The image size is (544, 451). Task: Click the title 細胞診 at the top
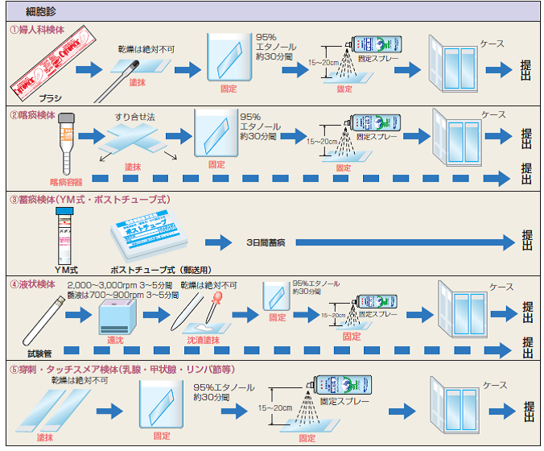(40, 11)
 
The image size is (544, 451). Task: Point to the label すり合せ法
(134, 117)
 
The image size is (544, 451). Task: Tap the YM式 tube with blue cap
(67, 234)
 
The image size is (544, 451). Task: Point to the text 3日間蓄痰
(271, 242)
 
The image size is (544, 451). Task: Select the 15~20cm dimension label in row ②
(323, 142)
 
